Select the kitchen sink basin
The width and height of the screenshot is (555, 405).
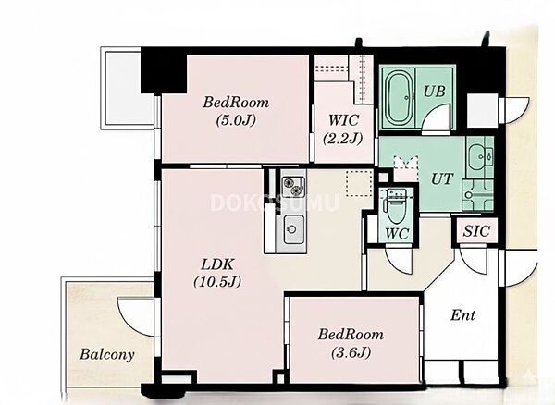[291, 229]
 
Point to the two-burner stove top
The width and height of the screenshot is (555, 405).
[293, 186]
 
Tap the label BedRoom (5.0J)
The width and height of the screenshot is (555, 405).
[235, 111]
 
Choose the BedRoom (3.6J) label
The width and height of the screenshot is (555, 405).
[351, 343]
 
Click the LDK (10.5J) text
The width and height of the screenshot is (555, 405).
[217, 273]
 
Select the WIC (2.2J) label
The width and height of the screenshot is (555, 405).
[343, 129]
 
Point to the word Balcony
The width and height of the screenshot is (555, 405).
[107, 354]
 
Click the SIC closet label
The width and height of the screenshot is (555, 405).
[476, 231]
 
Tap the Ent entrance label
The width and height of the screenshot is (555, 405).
[462, 314]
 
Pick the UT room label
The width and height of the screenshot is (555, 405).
[442, 178]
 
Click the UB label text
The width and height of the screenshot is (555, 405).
[435, 92]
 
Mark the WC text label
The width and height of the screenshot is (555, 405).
[397, 233]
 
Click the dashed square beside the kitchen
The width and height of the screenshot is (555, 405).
[359, 183]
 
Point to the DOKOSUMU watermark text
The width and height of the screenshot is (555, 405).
[275, 202]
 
